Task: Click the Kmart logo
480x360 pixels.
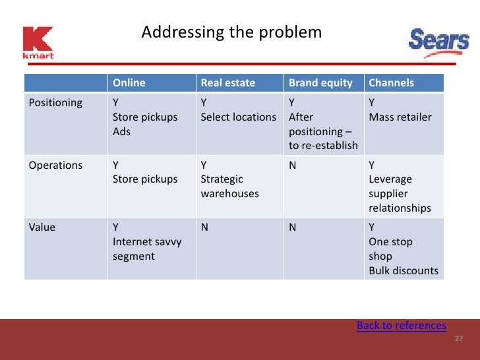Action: pyautogui.click(x=38, y=43)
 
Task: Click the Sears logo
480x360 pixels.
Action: pyautogui.click(x=438, y=42)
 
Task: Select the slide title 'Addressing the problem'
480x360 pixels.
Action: pyautogui.click(x=231, y=32)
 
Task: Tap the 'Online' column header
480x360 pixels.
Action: pyautogui.click(x=129, y=83)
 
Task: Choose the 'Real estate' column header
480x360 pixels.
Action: pyautogui.click(x=227, y=83)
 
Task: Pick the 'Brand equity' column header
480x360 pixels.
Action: pyautogui.click(x=320, y=83)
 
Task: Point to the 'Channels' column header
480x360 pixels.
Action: pyautogui.click(x=391, y=83)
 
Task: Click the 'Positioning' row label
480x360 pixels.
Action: pyautogui.click(x=55, y=103)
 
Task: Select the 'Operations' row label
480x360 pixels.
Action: pyautogui.click(x=55, y=165)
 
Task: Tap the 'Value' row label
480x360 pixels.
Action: pyautogui.click(x=42, y=227)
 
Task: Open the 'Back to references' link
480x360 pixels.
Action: pyautogui.click(x=401, y=326)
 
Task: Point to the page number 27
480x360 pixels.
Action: pyautogui.click(x=459, y=339)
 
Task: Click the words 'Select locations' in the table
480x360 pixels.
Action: pyautogui.click(x=238, y=117)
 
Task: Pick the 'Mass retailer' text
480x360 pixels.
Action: pyautogui.click(x=400, y=117)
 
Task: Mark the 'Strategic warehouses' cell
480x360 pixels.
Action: pyautogui.click(x=229, y=187)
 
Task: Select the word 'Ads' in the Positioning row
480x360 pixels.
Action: pyautogui.click(x=121, y=132)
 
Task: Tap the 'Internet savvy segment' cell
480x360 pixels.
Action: pyautogui.click(x=147, y=249)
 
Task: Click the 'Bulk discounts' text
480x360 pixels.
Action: pyautogui.click(x=403, y=271)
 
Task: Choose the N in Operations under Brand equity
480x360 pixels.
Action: pyautogui.click(x=293, y=165)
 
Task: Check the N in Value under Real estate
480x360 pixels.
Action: pyautogui.click(x=204, y=227)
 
